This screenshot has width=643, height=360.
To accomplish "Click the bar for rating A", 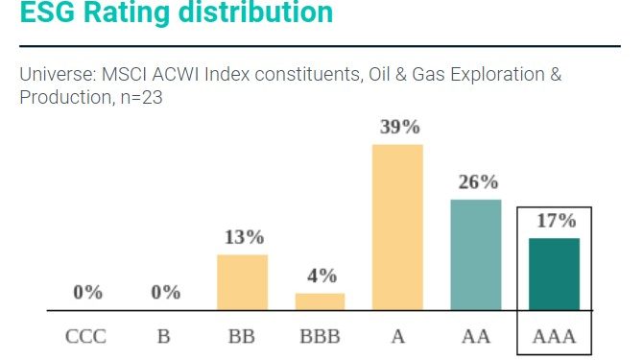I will pos(397,227).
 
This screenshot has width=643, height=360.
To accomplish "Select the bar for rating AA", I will pos(476,254).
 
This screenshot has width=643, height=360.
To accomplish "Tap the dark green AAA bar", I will pos(554,274).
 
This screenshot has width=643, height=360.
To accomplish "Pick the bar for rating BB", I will pos(242,282).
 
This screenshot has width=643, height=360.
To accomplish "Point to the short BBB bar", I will pos(320,301).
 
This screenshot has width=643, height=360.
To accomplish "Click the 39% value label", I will pos(398,127).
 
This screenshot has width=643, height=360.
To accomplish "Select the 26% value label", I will pos(477,181).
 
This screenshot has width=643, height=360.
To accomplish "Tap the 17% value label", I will pos(555,221).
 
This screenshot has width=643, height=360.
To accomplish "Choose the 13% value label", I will pos(243,237).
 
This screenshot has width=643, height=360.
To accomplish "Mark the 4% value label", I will pos(321,276).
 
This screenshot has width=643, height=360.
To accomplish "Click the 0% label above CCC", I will pos(86,293).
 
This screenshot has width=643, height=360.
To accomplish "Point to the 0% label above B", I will pos(164,293).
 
